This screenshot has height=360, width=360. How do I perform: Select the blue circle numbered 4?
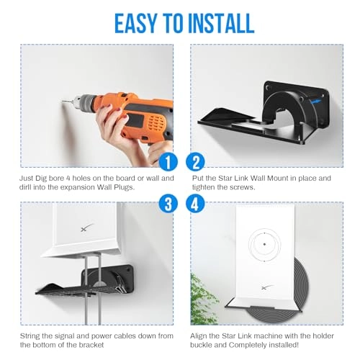(195, 204)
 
